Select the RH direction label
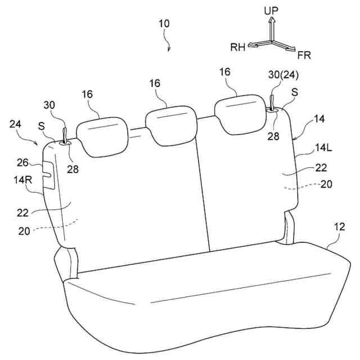pyautogui.click(x=237, y=48)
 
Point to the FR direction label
pyautogui.click(x=304, y=55)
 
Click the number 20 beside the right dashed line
pyautogui.click(x=326, y=184)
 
